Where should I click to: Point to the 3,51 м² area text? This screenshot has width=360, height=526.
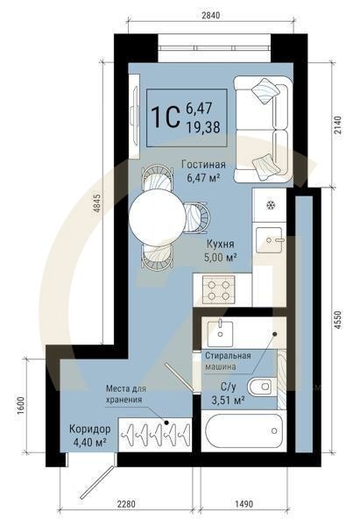coord(228,402)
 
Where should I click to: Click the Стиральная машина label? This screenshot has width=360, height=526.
coord(228,360)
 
